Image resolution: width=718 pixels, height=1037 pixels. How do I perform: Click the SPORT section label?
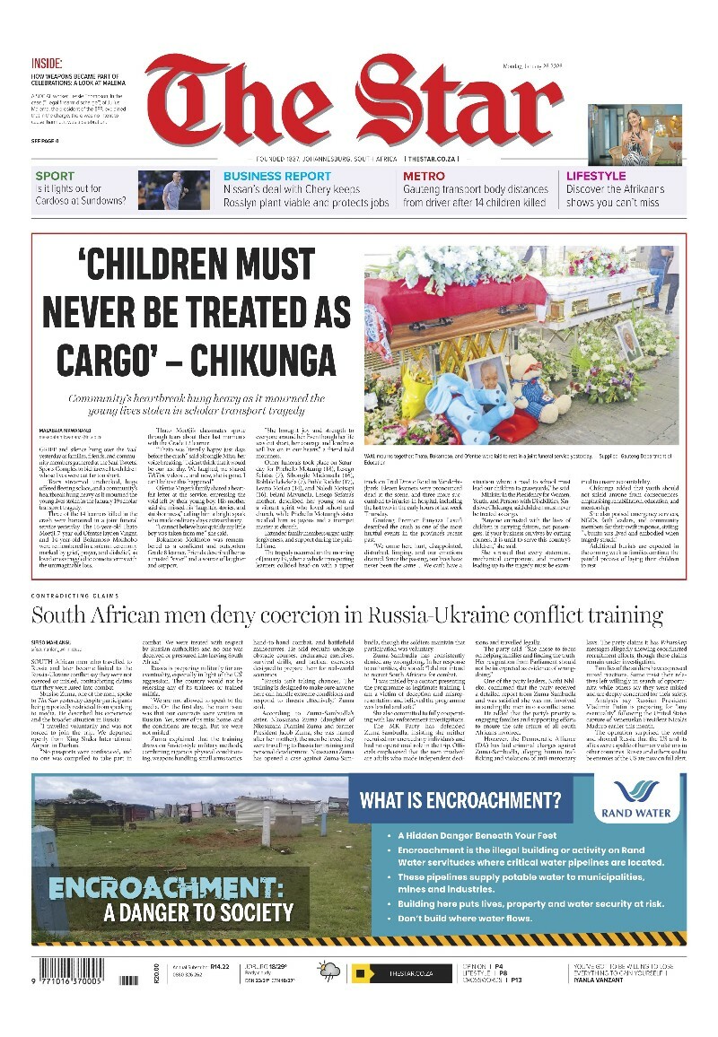coord(54,177)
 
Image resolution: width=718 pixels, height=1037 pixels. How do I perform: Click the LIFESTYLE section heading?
coord(596,177)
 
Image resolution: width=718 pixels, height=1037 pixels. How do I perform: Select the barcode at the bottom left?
coord(73,972)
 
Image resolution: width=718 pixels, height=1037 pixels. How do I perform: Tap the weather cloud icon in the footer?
coord(329,972)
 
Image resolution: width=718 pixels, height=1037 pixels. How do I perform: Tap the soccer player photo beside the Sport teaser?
coord(174,189)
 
